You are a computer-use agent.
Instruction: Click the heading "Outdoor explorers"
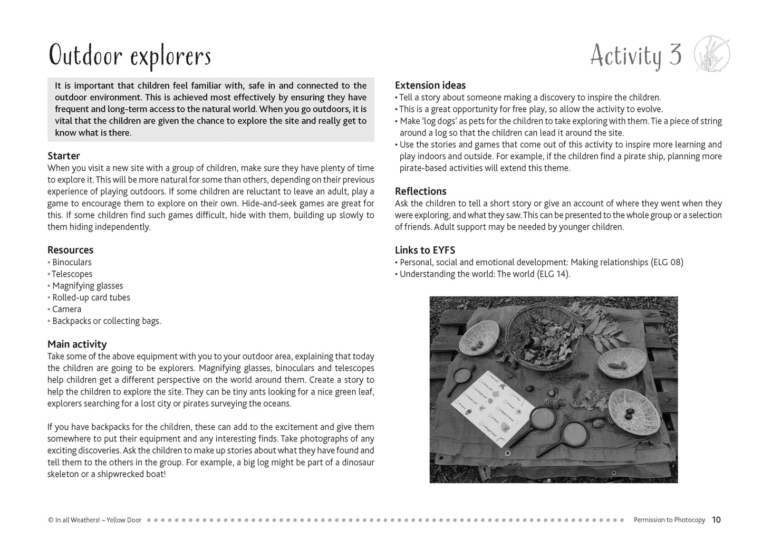pos(130,55)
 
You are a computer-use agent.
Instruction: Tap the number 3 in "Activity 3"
pos(676,55)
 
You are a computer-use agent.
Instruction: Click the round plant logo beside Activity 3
pos(711,53)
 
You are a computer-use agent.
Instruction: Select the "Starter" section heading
pos(64,156)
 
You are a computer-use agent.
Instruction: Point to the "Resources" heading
pos(70,250)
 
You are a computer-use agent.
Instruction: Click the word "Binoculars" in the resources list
pos(72,262)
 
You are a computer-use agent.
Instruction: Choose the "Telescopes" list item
pos(72,274)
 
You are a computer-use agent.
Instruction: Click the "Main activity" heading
pos(77,344)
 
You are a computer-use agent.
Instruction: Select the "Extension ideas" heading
pos(430,85)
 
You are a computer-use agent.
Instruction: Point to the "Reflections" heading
pos(421,191)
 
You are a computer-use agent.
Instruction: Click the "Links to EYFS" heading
pos(425,250)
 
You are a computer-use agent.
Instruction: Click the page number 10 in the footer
pos(716,519)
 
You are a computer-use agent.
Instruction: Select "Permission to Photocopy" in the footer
pos(669,519)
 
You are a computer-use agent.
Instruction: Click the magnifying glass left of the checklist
pos(460,379)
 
